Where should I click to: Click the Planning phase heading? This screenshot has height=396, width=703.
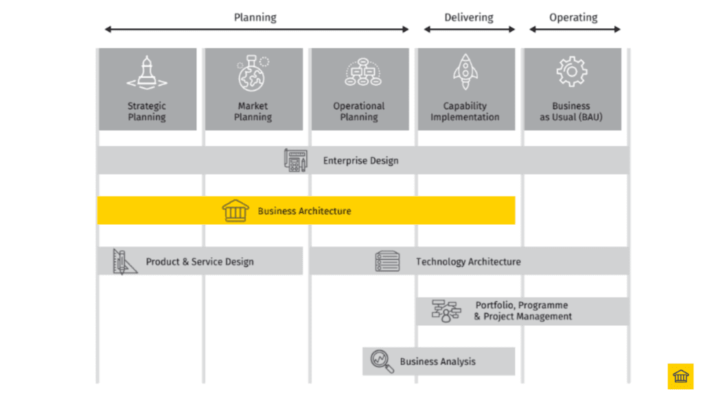tap(255, 17)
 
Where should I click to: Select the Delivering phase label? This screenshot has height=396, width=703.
tap(468, 17)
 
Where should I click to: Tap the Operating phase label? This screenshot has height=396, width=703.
tap(573, 17)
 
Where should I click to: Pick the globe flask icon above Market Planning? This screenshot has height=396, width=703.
tap(253, 74)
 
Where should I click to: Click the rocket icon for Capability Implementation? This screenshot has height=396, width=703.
tap(465, 72)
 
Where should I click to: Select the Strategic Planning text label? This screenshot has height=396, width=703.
tap(147, 111)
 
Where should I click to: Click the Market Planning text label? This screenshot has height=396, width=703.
tap(253, 111)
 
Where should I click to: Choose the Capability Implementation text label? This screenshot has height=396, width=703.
tap(465, 111)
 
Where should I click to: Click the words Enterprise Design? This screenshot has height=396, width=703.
tap(360, 161)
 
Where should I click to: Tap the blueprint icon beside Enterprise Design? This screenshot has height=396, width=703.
tap(296, 160)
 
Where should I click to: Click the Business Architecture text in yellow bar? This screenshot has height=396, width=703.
tap(304, 211)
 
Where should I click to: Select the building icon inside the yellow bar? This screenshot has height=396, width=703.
tap(235, 210)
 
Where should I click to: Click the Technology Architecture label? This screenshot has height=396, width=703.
tap(468, 261)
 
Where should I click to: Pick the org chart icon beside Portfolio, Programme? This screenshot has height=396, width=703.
tap(446, 311)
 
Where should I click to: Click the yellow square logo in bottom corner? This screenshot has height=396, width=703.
tap(680, 376)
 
